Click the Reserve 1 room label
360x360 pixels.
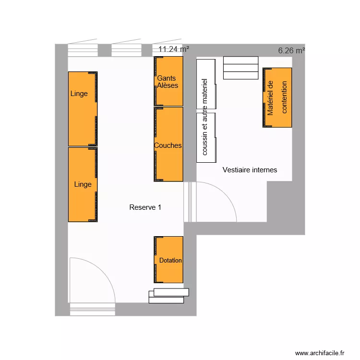(145, 207)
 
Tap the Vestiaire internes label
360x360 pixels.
(250, 170)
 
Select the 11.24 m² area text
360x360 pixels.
(173, 49)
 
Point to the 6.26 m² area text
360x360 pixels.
(291, 50)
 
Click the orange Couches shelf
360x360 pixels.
(168, 144)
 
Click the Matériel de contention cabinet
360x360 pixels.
(277, 97)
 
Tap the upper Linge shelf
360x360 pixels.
(83, 108)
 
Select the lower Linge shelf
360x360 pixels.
(83, 184)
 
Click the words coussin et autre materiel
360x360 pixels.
(205, 117)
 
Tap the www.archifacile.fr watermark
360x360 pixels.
(320, 353)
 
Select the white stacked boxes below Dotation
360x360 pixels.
(168, 296)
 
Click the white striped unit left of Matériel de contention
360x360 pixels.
(241, 68)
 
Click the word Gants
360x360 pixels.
(167, 78)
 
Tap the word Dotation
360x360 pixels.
(170, 261)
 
